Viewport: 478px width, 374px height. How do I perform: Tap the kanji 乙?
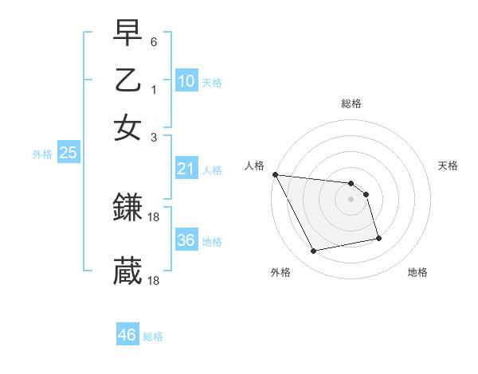click(127, 81)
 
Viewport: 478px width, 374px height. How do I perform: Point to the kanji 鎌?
click(127, 209)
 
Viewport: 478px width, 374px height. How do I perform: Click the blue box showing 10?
click(186, 81)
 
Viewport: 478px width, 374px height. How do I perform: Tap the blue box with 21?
click(186, 169)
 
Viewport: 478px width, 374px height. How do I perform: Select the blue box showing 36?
click(186, 240)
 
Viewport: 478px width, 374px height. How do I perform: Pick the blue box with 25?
click(68, 154)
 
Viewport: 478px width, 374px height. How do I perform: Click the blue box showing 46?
click(127, 335)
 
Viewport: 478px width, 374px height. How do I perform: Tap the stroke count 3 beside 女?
click(154, 137)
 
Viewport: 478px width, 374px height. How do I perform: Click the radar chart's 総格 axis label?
click(351, 103)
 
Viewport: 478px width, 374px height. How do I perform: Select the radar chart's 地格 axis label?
click(417, 273)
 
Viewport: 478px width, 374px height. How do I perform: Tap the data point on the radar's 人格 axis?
click(275, 174)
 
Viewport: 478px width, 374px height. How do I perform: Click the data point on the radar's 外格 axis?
click(314, 251)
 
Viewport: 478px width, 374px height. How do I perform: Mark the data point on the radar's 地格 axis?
click(378, 238)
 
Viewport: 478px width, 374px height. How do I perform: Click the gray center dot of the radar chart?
click(351, 199)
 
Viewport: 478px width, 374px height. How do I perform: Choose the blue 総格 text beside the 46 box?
click(153, 337)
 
